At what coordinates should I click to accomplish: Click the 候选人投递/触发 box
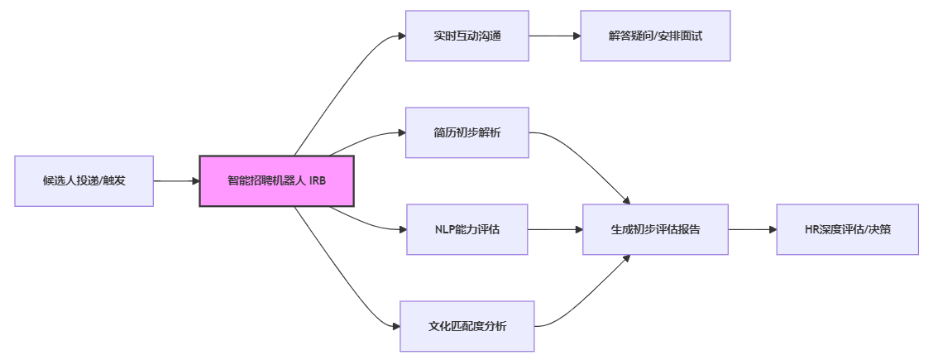tap(84, 180)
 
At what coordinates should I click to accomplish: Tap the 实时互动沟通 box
tap(467, 36)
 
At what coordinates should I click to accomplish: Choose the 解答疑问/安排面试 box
tap(655, 36)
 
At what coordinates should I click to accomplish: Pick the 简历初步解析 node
tap(467, 132)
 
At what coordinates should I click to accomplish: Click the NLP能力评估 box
tap(467, 229)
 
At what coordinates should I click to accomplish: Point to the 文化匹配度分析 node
tap(467, 326)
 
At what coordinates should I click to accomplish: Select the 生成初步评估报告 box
tap(655, 229)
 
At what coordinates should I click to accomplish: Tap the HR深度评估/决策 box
tap(847, 229)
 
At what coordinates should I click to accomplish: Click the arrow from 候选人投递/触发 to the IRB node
tap(175, 180)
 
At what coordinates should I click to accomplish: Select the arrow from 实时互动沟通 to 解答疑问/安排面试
tap(554, 36)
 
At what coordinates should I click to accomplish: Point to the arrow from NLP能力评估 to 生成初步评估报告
tap(555, 229)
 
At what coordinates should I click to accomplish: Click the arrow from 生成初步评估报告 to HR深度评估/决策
tap(752, 229)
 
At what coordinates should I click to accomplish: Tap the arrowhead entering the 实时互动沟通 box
tap(401, 36)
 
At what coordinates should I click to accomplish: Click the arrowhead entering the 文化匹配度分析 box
tap(395, 326)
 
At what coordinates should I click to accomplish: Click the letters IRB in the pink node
tap(319, 180)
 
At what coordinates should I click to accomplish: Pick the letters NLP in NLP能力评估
tap(445, 229)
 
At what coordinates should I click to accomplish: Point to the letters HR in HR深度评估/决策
tap(811, 229)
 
